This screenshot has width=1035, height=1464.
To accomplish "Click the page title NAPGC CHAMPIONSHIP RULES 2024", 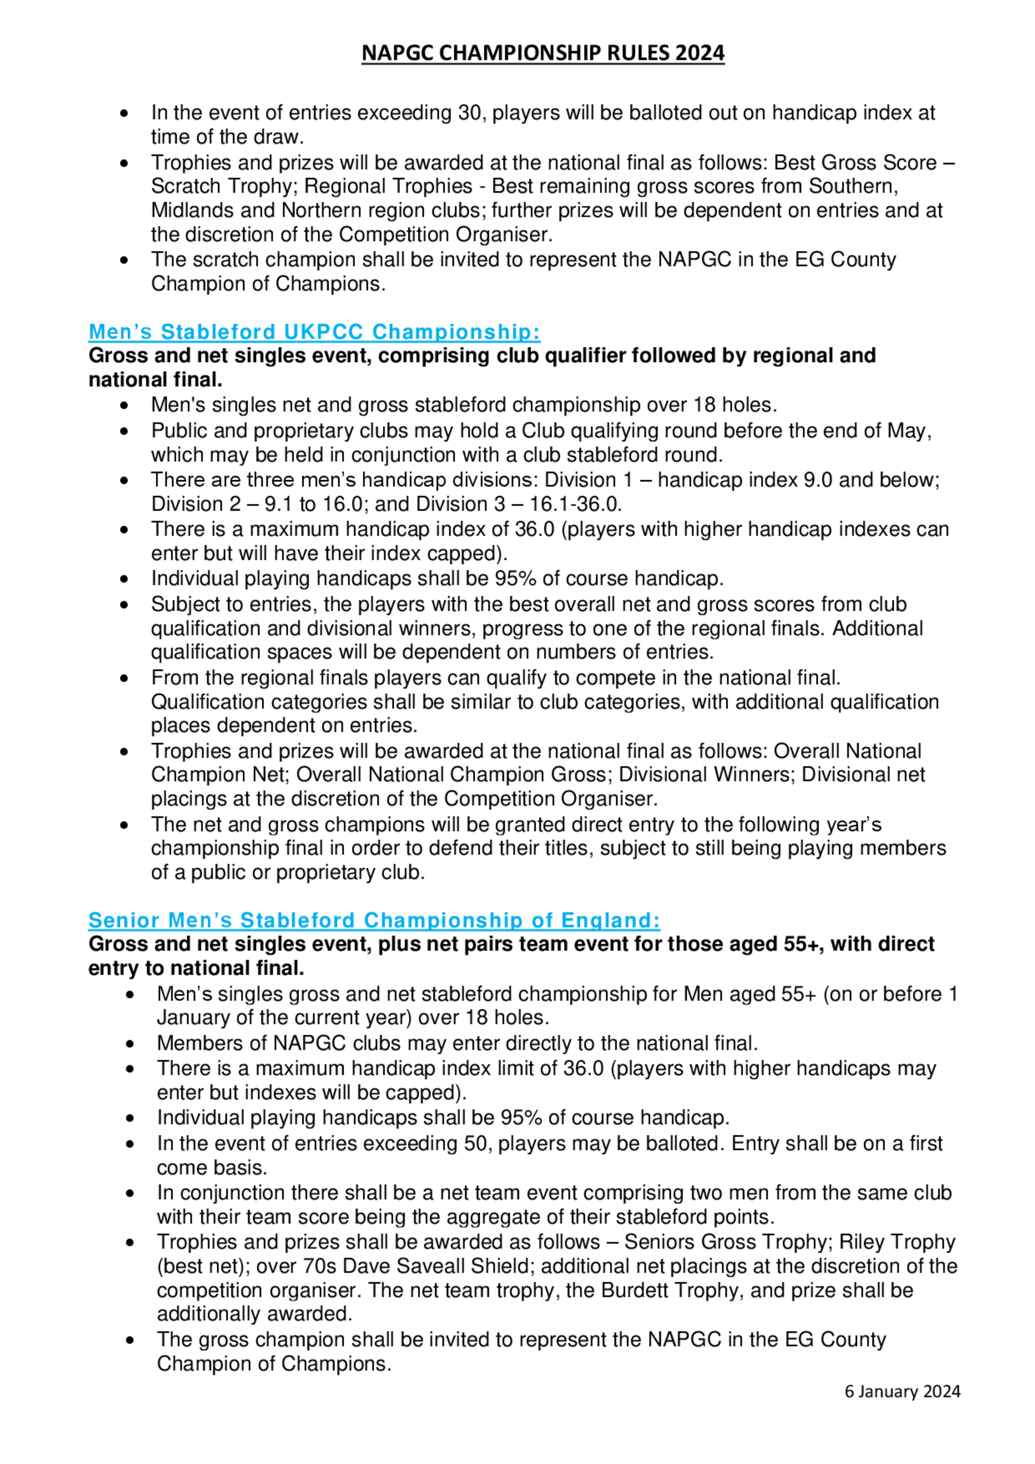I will pyautogui.click(x=543, y=52).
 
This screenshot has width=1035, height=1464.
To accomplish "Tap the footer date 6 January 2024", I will pyautogui.click(x=903, y=1392).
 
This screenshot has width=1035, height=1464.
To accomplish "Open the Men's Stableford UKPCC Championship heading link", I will pyautogui.click(x=315, y=332).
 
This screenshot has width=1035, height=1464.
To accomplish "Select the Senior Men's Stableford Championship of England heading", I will pyautogui.click(x=374, y=920).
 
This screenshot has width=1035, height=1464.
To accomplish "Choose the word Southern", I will pyautogui.click(x=853, y=186).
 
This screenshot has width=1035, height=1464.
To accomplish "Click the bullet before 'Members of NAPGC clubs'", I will pyautogui.click(x=130, y=1044).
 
